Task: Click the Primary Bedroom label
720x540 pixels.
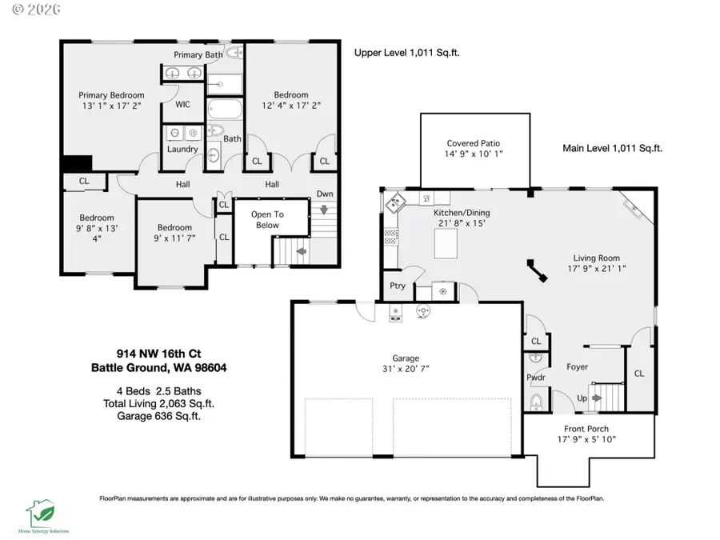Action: tap(111, 95)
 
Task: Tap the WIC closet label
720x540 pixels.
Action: tap(182, 105)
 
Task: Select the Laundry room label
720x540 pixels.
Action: tap(182, 149)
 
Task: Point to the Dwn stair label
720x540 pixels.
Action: tap(324, 194)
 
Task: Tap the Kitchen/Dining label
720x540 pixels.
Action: tap(462, 213)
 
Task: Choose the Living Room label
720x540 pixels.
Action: tap(596, 258)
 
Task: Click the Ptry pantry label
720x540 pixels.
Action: tap(397, 286)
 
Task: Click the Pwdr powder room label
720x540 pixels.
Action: tap(535, 377)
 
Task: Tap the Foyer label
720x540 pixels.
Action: tap(576, 367)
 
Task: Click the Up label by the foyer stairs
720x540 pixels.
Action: tap(583, 397)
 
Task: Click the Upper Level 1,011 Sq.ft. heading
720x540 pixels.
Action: tap(406, 53)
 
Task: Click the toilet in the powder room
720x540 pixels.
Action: tap(536, 400)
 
